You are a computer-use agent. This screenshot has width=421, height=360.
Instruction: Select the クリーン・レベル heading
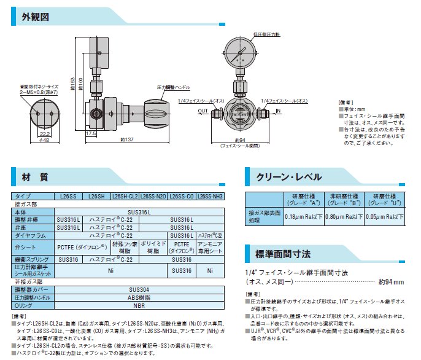[x=288, y=177]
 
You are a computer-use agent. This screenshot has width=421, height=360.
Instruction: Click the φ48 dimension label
[x=44, y=141]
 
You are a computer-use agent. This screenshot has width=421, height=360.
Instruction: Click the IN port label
[x=277, y=111]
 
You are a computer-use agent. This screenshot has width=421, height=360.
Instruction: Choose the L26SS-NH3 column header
[x=210, y=196]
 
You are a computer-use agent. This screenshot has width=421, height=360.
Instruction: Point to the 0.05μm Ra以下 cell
[x=385, y=216]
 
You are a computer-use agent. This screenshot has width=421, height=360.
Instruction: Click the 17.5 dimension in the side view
[x=91, y=132]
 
